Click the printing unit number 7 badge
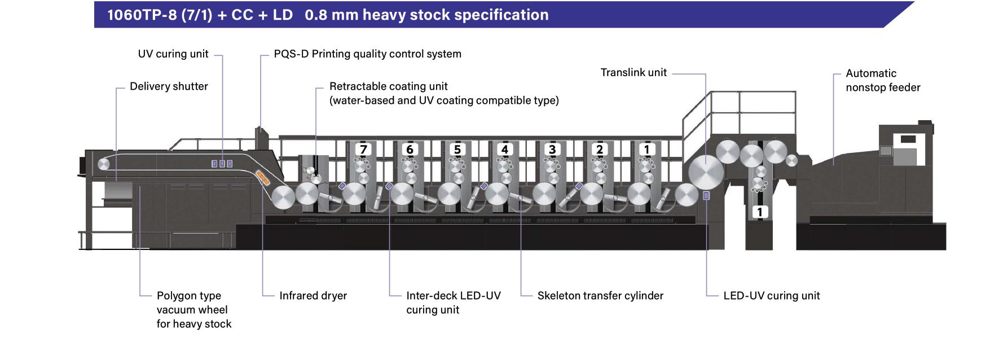pos(363,150)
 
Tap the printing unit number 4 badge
pos(505,150)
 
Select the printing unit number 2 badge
pos(600,150)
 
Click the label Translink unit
pos(633,73)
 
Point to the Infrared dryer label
pos(313,296)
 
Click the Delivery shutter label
pos(169,86)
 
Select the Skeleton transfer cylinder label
pos(600,296)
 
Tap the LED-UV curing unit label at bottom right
pos(771,296)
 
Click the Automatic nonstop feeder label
pos(882,80)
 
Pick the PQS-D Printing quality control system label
pos(367,54)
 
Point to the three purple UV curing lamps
pos(222,164)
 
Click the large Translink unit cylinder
pos(706,173)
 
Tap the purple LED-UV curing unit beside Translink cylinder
pos(706,195)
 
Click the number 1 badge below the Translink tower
pos(759,212)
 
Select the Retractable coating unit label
pos(444,93)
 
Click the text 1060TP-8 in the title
pos(142,15)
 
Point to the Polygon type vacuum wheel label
pos(193,310)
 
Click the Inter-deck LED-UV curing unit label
pos(453,302)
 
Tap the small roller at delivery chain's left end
pos(104,164)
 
